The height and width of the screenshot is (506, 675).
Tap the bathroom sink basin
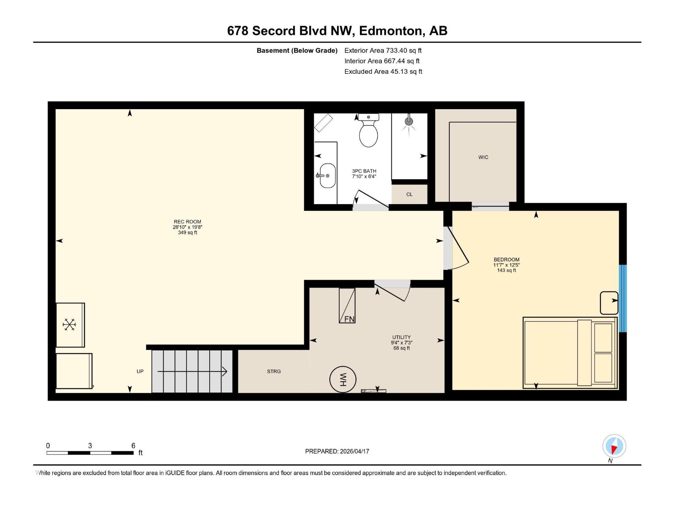click(327, 175)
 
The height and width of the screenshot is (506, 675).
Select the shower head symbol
click(409, 121)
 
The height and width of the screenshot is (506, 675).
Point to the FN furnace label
click(349, 319)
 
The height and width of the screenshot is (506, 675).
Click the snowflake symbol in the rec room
click(69, 324)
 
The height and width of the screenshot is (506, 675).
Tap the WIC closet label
click(483, 157)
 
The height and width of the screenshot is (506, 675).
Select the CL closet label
click(409, 194)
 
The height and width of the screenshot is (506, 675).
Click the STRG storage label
click(274, 371)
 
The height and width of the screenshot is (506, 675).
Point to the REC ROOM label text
click(187, 222)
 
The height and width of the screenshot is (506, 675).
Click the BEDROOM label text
click(506, 260)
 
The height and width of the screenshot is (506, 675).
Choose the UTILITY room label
click(401, 337)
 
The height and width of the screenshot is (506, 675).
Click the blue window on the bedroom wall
click(623, 298)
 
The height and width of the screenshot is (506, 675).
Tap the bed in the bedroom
click(570, 353)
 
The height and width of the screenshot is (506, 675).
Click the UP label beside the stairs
click(140, 371)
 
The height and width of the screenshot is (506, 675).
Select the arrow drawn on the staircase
click(192, 371)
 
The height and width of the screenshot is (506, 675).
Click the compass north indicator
click(614, 446)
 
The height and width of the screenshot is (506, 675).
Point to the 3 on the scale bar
click(90, 446)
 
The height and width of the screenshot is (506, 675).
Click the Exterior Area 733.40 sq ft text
click(383, 51)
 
